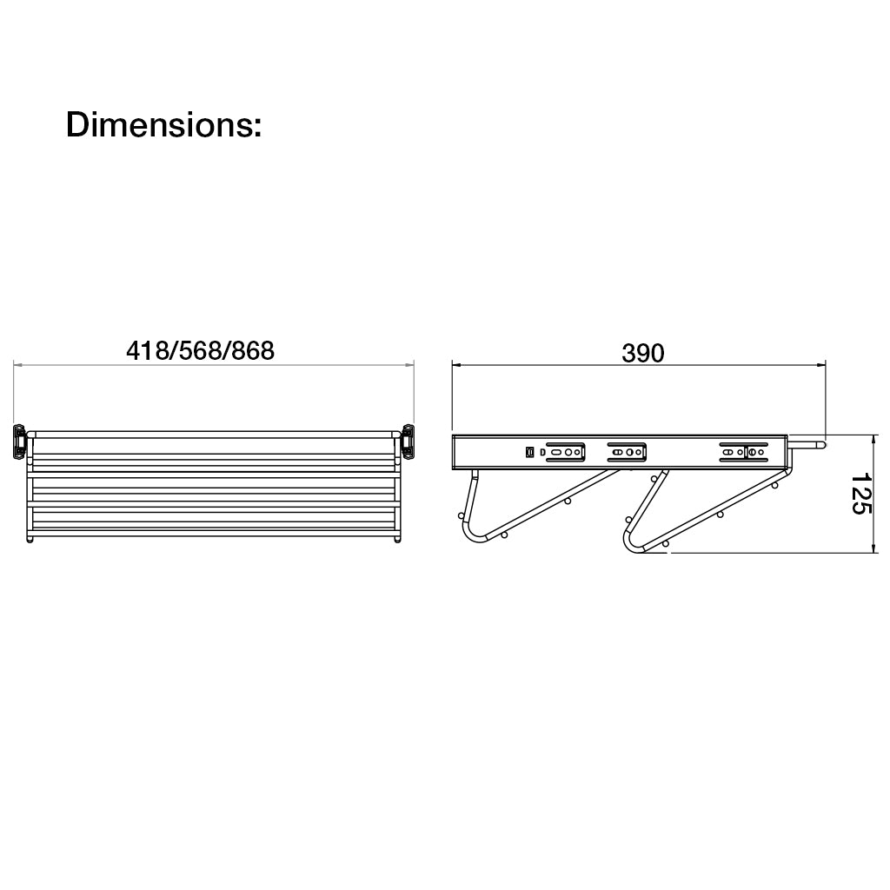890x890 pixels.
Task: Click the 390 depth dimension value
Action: [x=642, y=353]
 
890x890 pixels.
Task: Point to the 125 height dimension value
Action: [x=860, y=494]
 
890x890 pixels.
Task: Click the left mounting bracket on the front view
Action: [x=20, y=440]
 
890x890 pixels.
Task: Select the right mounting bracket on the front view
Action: [x=408, y=440]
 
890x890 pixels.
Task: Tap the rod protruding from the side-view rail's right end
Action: [x=807, y=444]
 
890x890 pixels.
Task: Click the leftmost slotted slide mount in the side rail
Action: [x=565, y=452]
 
